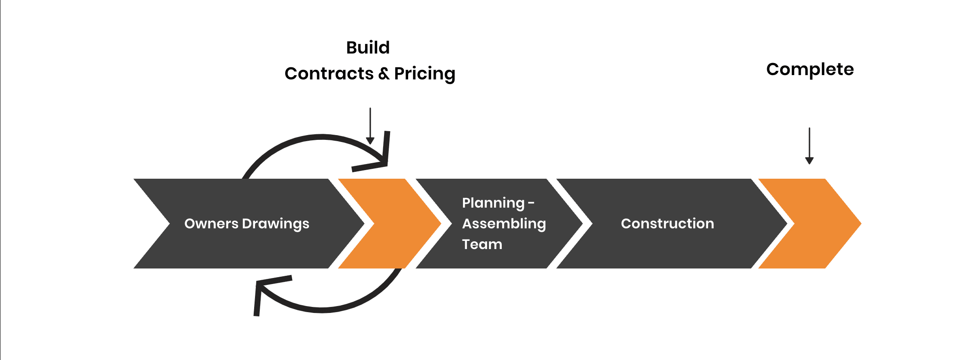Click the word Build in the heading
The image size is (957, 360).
tap(368, 47)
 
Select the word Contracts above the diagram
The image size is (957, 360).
tap(329, 73)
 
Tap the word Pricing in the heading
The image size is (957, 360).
tap(425, 74)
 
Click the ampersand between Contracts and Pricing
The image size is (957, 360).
tap(384, 74)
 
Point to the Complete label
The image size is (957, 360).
tap(810, 69)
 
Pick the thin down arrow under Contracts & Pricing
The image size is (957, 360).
tap(370, 126)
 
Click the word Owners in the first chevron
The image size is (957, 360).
tap(211, 224)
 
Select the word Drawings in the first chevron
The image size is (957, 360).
tap(276, 224)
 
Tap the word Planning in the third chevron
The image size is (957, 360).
tap(493, 203)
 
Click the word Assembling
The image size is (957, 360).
tap(504, 224)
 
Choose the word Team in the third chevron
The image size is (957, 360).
tap(482, 244)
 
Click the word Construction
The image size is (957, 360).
tap(667, 224)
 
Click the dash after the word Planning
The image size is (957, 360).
tap(531, 203)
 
